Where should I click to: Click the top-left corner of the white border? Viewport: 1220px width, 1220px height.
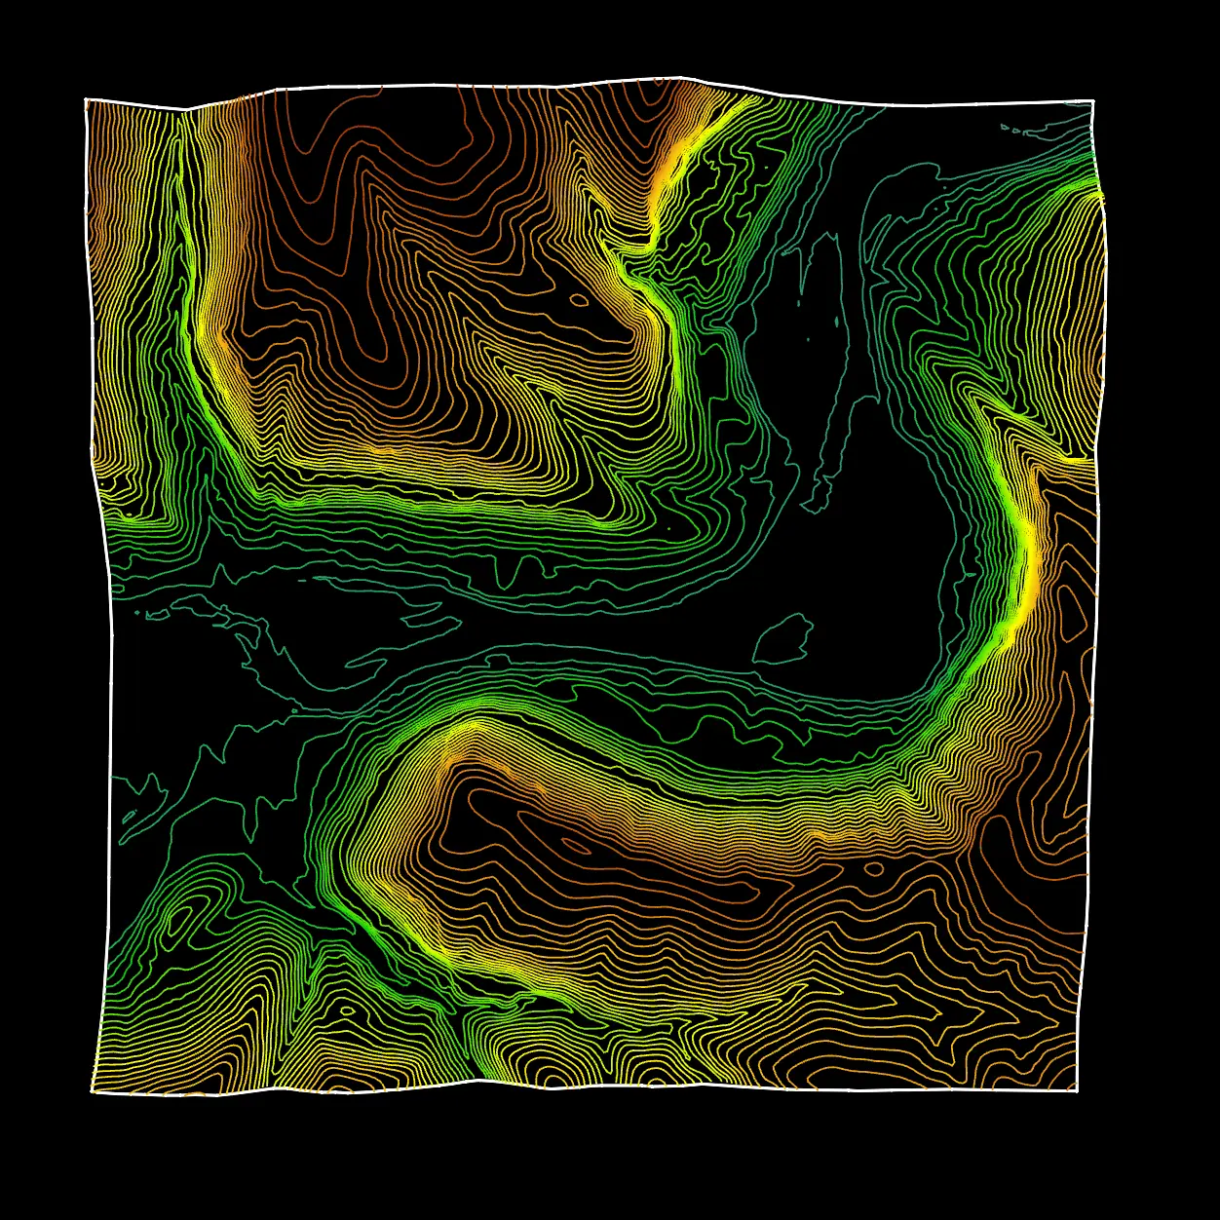pos(86,99)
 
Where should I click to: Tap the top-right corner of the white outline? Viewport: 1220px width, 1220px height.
pos(1092,100)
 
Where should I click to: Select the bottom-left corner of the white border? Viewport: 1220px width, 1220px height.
pos(93,1091)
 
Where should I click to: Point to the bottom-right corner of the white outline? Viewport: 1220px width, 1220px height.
pos(1078,1090)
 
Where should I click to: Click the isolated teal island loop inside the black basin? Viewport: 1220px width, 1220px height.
pos(783,639)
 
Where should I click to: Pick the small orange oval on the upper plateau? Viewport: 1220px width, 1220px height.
pos(579,299)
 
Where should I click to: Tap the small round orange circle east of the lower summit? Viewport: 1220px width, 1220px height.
pos(874,868)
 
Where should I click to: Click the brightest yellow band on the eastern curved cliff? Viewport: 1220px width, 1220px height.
pos(1027,565)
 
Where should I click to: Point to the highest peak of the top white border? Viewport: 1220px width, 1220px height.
pos(682,77)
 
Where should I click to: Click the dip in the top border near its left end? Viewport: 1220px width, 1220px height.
pos(185,108)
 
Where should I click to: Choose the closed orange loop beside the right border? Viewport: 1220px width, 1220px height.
pos(1075,614)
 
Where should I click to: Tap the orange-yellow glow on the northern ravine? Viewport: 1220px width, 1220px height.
pos(669,175)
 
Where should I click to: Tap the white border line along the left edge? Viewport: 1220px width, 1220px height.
pos(110,682)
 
